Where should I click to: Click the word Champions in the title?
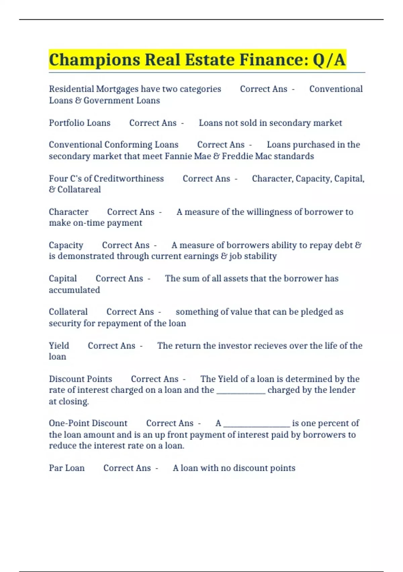coord(94,60)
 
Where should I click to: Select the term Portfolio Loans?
coord(80,123)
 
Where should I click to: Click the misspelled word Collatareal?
coord(79,189)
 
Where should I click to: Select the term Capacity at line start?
coord(66,245)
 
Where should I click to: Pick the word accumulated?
coord(74,290)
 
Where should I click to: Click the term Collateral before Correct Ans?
coord(68,312)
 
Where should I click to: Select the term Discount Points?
coord(80,379)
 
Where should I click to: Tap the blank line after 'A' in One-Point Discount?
coord(257,424)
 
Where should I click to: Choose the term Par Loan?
coord(66,468)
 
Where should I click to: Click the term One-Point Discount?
coord(88,423)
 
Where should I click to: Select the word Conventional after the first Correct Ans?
coord(336,89)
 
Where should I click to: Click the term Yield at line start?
coord(59,346)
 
